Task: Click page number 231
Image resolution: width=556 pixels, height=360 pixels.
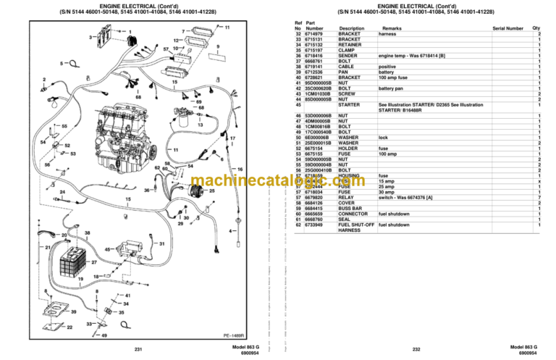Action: [x=138, y=350]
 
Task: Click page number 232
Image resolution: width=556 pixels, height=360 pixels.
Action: [x=416, y=350]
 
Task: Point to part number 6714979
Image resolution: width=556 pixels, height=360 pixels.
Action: [x=316, y=34]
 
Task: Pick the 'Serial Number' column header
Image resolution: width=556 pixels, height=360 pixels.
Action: [x=507, y=29]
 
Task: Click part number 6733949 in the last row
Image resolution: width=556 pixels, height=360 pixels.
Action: [x=316, y=225]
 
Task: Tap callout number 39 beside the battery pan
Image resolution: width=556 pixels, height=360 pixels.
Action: [x=72, y=311]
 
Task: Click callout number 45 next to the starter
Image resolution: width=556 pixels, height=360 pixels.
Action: [x=108, y=249]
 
